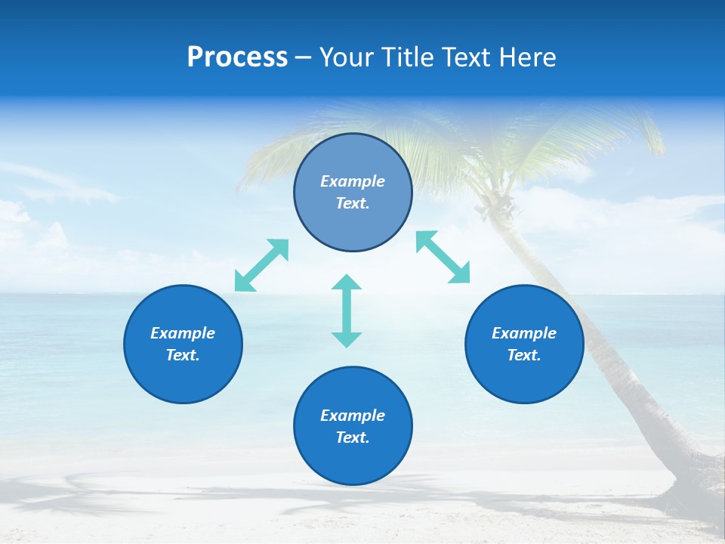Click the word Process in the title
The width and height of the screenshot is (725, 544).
coord(237,57)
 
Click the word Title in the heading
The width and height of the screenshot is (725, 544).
coord(406,57)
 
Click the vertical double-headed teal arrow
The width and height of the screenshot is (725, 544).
coord(347,311)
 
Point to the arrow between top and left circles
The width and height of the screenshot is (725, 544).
coord(262,265)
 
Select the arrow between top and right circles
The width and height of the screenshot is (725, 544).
coord(443,257)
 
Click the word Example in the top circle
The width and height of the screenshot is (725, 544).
coord(353,181)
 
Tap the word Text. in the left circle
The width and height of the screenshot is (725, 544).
coord(183,355)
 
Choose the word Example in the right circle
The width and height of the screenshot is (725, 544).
coord(524,333)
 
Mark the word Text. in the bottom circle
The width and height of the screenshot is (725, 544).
coord(353,437)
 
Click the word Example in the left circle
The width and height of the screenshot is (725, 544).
coord(183,333)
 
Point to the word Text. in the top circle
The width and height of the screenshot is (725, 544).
coord(353,203)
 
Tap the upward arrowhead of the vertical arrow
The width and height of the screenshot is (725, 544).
coord(347,283)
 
